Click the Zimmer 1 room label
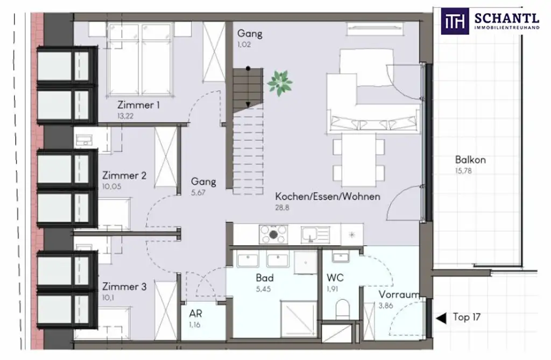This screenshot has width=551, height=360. point(138,105)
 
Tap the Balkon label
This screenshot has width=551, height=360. point(470,160)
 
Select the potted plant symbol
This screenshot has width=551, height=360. point(280,83)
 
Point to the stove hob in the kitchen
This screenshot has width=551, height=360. point(273,234)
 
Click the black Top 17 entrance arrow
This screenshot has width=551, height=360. point(441,318)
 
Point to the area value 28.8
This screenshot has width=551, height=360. point(282,208)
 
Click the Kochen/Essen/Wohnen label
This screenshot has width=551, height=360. point(327,196)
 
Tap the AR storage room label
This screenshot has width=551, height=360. point(195,314)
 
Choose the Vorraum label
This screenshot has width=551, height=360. point(398,295)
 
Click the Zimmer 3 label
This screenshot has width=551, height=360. point(124,287)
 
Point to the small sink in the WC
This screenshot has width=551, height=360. point(340,257)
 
